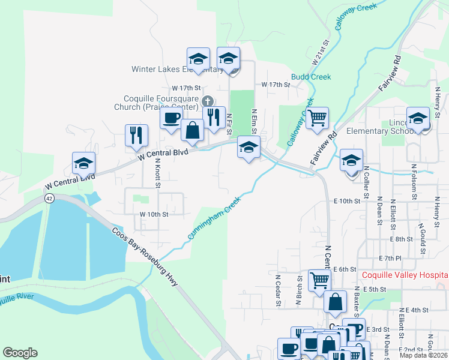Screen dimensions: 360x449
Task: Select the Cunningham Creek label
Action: pos(210,220)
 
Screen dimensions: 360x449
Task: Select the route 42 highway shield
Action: pos(49,199)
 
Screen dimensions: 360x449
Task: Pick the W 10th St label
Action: pos(154,214)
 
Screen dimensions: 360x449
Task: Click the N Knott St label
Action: pos(157,173)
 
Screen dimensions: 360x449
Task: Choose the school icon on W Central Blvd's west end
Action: pos(83,162)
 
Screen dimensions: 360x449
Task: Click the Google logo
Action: pos(20,353)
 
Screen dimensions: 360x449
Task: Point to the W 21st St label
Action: pos(322,53)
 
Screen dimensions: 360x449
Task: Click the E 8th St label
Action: pos(400,239)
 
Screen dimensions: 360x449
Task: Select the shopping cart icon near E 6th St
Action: pos(319,279)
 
